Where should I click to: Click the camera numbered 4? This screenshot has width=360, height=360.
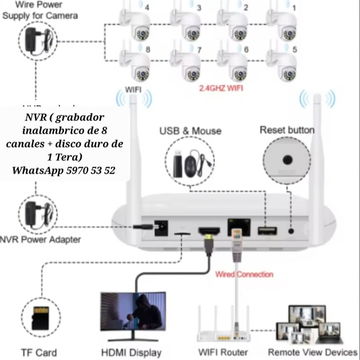[x=136, y=23]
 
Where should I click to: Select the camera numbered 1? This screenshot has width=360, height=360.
[x=282, y=23]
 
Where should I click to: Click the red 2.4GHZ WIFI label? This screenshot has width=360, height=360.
[x=221, y=88]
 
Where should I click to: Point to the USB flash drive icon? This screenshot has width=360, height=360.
[x=178, y=164]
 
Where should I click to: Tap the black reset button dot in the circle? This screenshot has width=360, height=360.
[x=287, y=160]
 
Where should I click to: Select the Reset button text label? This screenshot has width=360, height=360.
[x=287, y=130]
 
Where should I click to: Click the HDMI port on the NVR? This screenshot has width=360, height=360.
[x=209, y=230]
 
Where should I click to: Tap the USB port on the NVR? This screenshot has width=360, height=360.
[x=267, y=230]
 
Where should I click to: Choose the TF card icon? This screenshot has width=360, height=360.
[x=40, y=318]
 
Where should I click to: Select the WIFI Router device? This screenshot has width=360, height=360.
[x=223, y=323]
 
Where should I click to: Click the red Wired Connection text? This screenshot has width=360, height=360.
[x=244, y=274]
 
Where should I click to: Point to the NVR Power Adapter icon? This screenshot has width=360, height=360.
[x=38, y=213]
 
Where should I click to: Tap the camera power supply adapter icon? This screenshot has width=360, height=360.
[x=38, y=41]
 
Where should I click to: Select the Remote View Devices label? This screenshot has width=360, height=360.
[x=312, y=352]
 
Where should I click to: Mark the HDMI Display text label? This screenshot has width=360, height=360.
[x=131, y=352]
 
